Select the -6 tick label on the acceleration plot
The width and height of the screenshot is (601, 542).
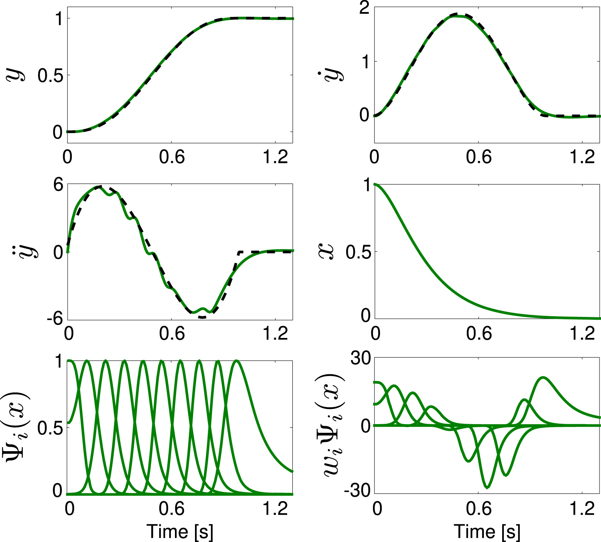(55, 319)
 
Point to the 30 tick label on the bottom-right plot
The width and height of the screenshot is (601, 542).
(361, 359)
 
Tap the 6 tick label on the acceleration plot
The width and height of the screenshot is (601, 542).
(58, 185)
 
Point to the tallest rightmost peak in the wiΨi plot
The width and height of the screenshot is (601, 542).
(543, 378)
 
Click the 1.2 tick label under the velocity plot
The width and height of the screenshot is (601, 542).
(582, 157)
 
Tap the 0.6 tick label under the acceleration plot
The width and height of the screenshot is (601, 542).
(172, 334)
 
